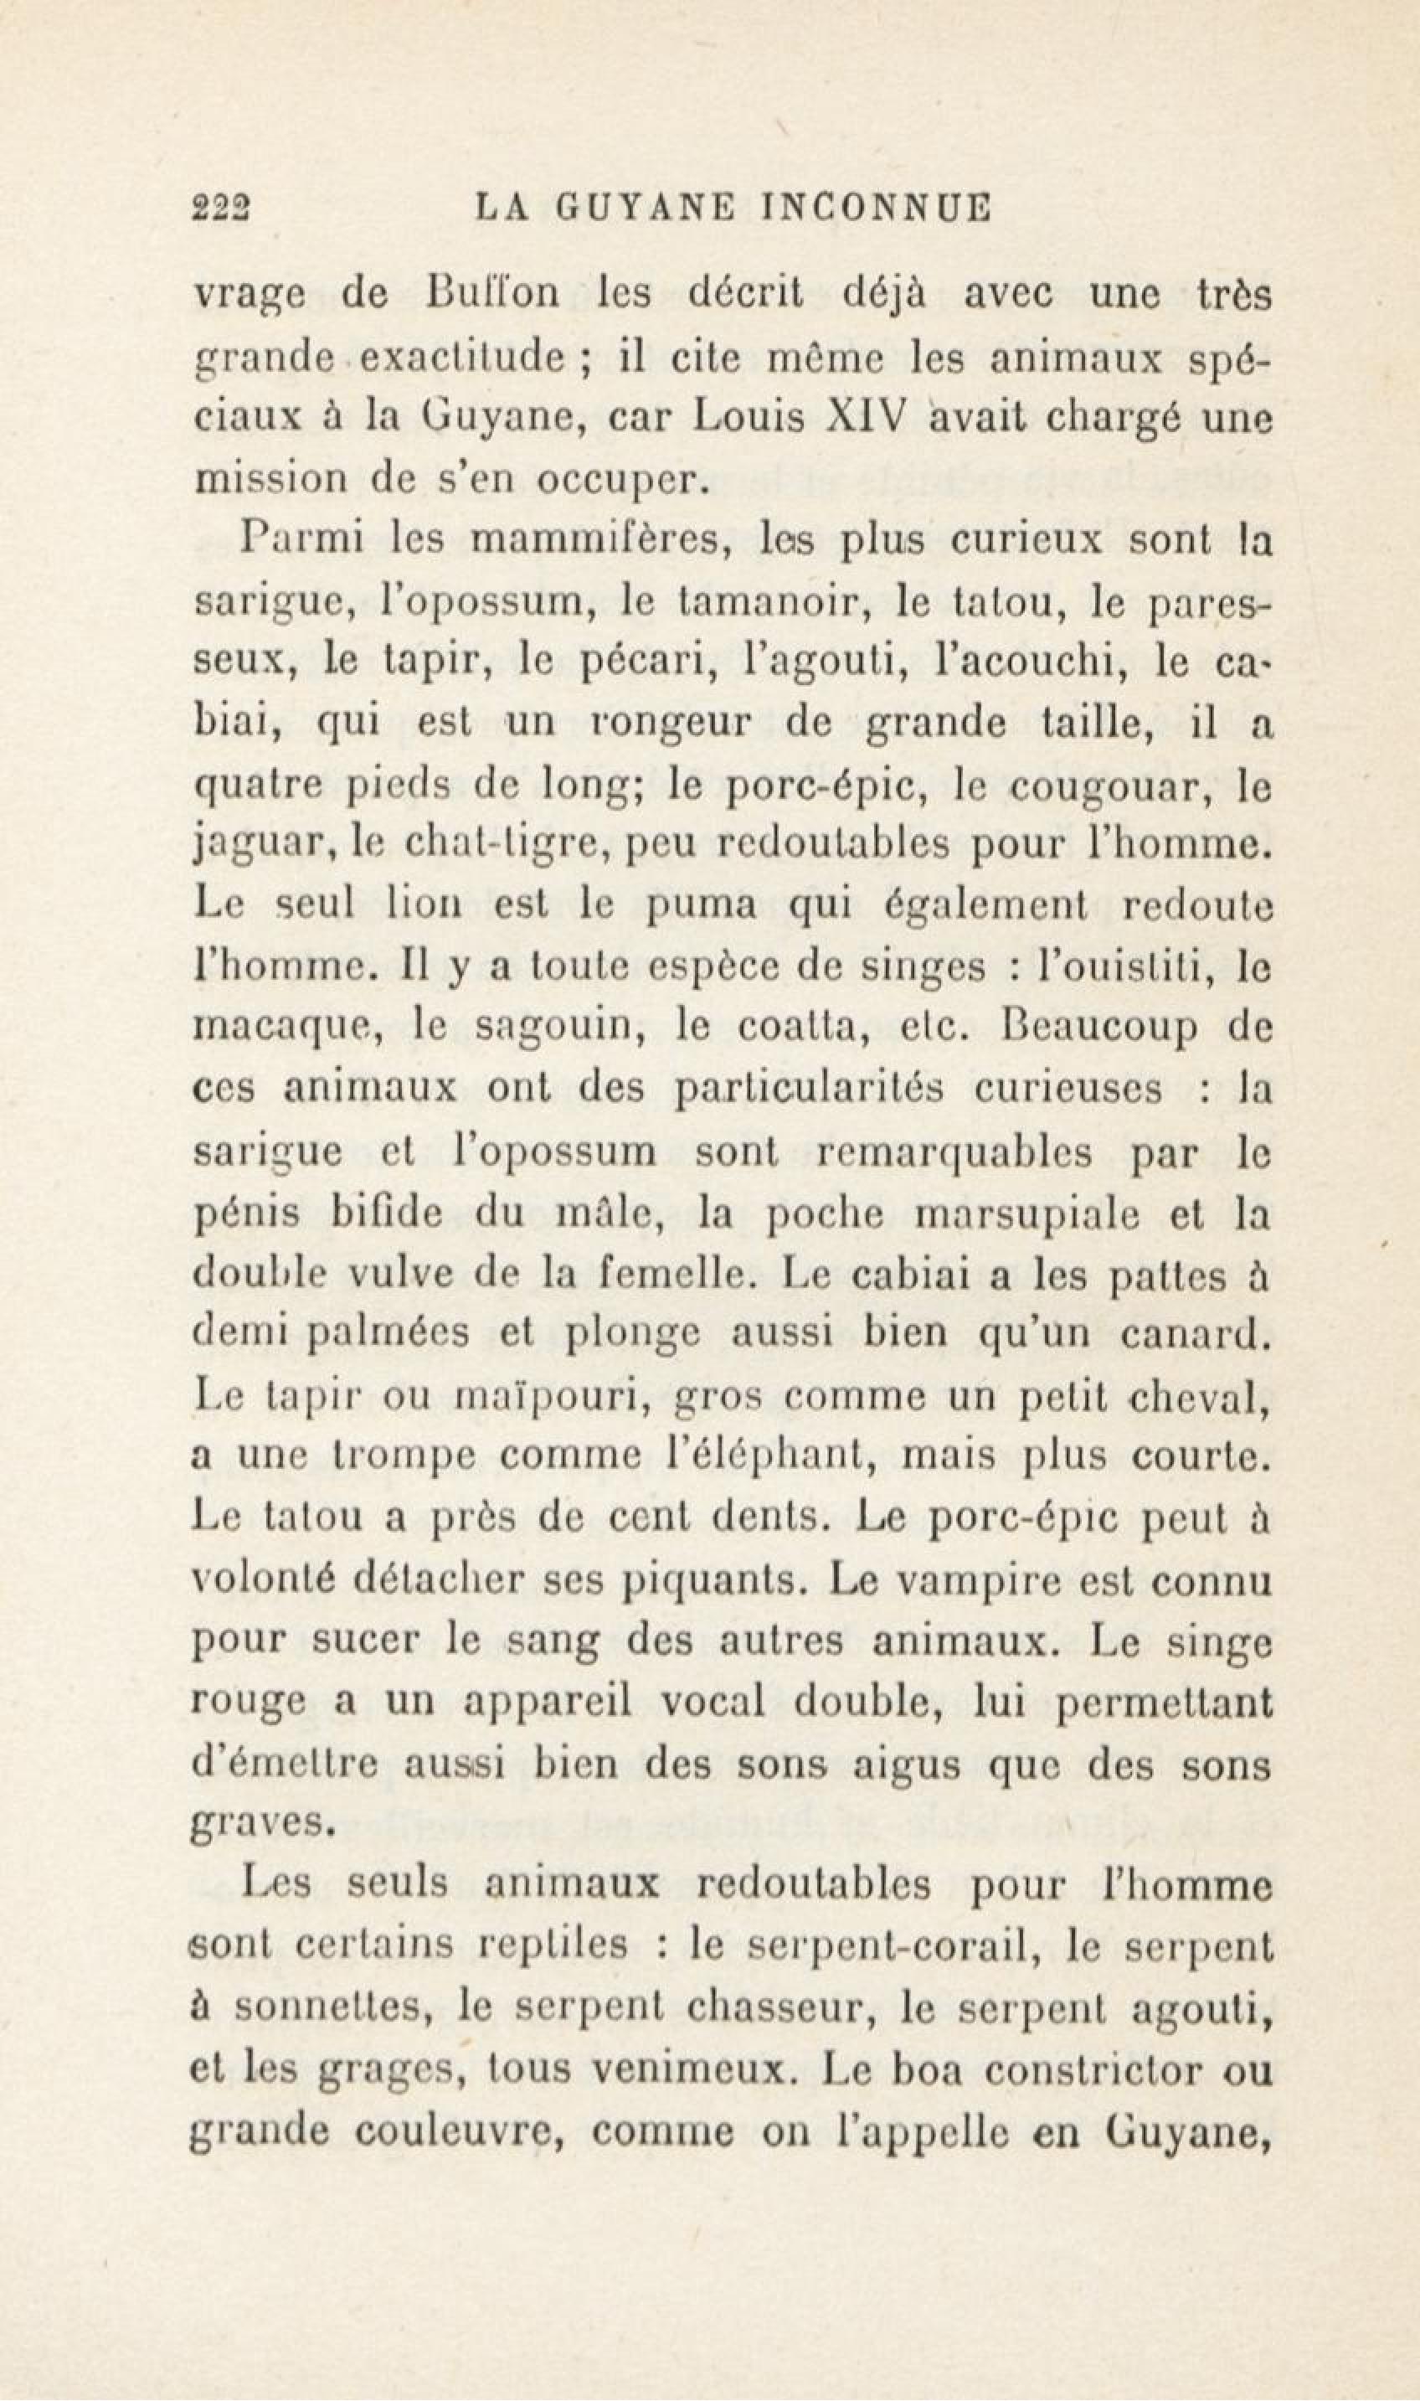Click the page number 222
pos(221,207)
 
